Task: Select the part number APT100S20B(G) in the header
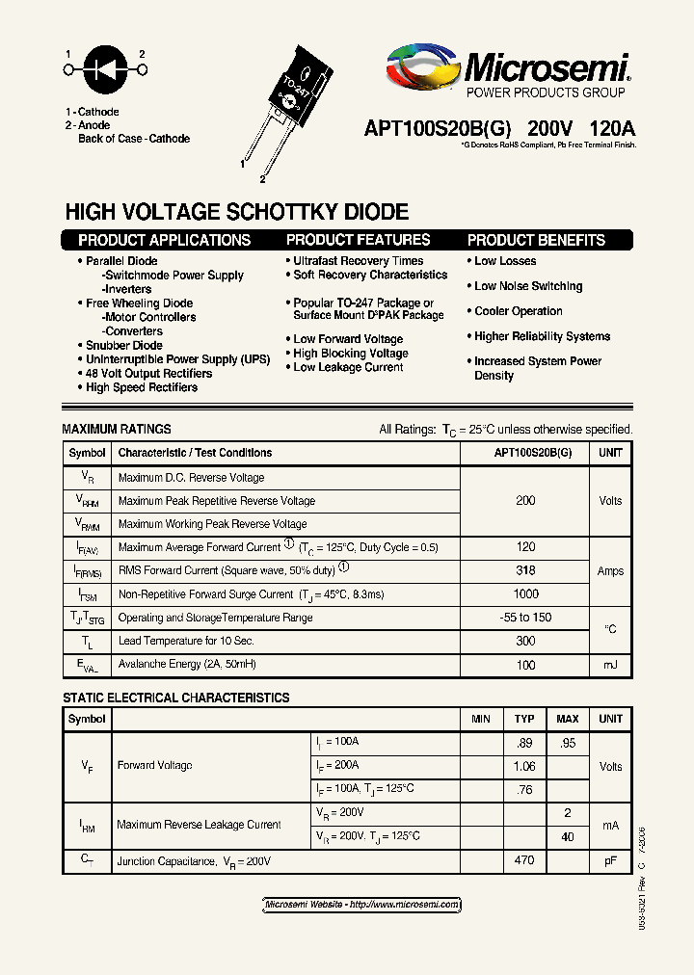[x=439, y=129]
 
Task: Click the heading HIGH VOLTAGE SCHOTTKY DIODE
[x=236, y=212]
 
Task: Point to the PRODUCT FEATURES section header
[x=359, y=240]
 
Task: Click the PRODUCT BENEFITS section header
[x=536, y=240]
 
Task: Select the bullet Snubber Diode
[x=123, y=345]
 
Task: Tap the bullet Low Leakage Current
[x=348, y=367]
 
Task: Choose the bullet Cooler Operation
[x=518, y=311]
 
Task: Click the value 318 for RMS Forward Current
[x=525, y=570]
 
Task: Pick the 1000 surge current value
[x=525, y=594]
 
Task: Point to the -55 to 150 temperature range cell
[x=525, y=618]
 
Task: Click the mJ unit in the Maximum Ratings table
[x=610, y=665]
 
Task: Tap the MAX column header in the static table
[x=567, y=719]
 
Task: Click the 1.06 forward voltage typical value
[x=524, y=766]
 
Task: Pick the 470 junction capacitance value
[x=524, y=860]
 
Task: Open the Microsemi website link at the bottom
[x=361, y=905]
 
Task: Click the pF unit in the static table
[x=610, y=860]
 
